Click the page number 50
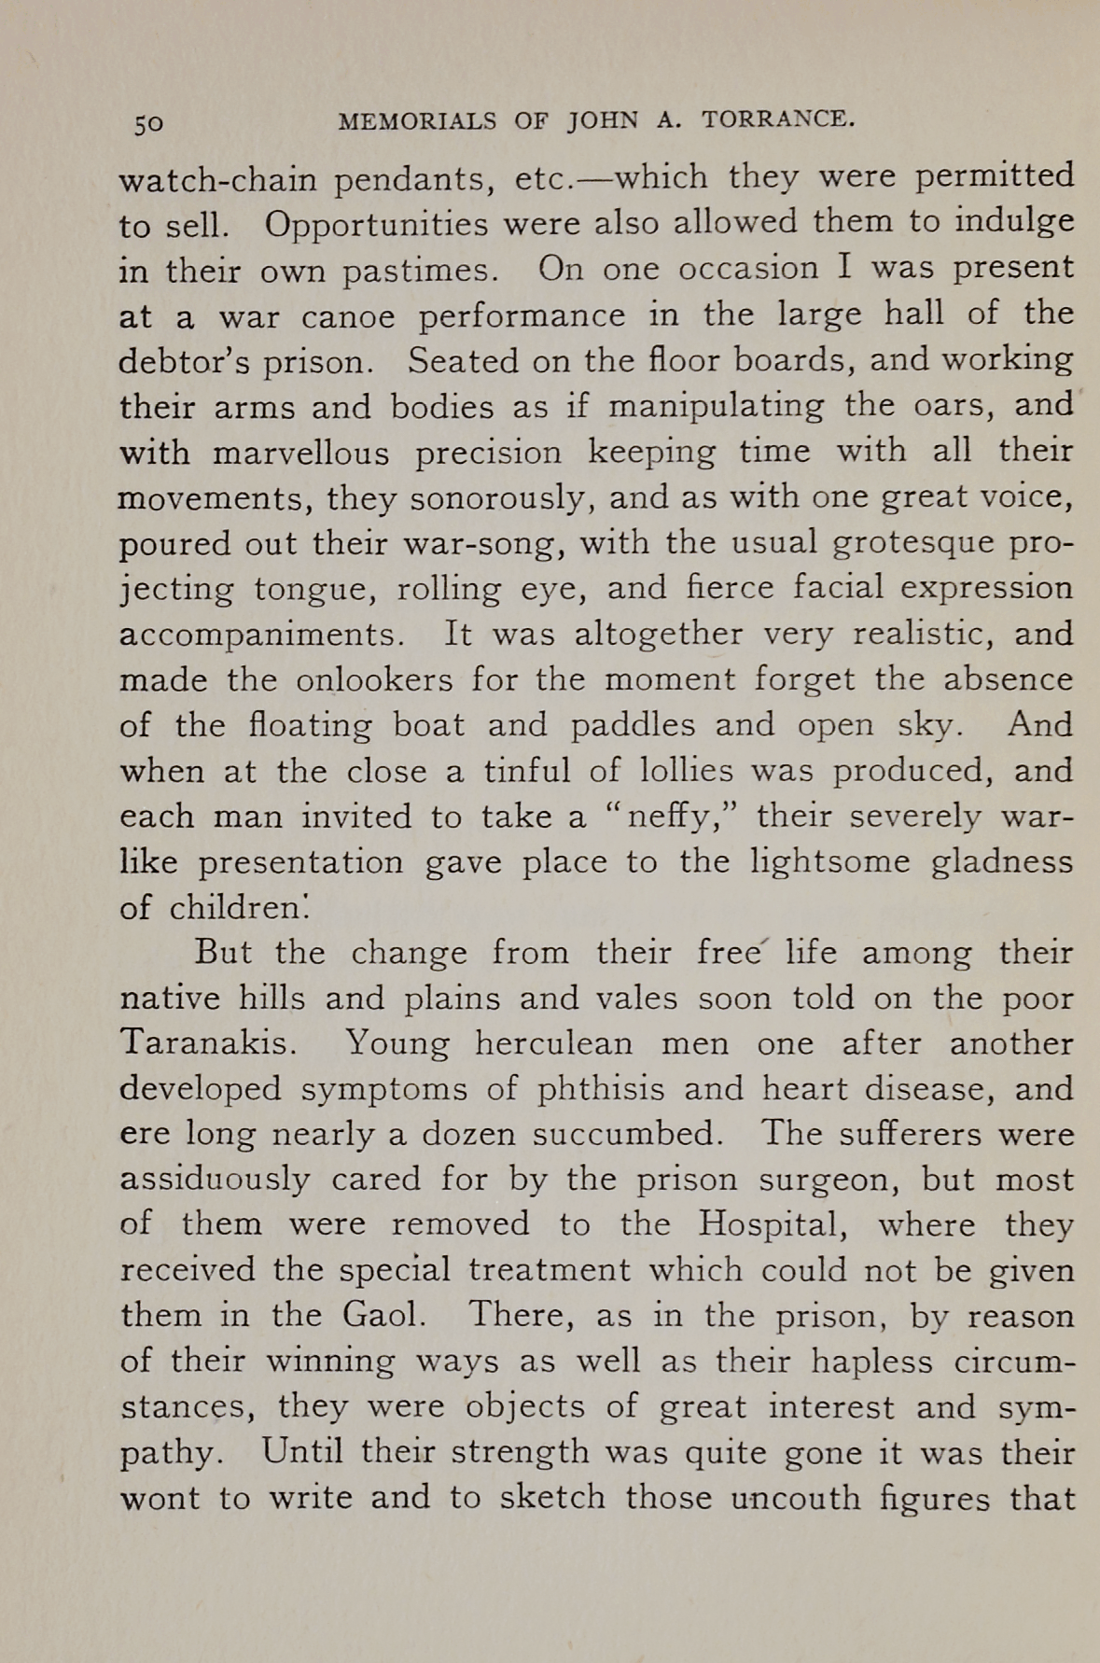pos(148,123)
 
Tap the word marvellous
pos(300,453)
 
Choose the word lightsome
pos(829,861)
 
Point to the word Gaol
pos(384,1316)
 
